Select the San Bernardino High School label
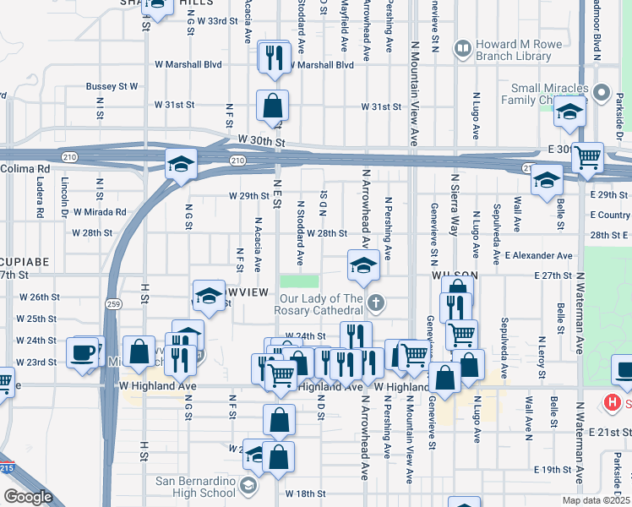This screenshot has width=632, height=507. point(195,488)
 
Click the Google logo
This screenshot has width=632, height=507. point(28,497)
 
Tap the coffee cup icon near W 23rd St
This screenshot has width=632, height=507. point(84,352)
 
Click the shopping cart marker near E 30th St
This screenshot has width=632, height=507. point(588,156)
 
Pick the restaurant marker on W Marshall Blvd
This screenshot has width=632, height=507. point(273,57)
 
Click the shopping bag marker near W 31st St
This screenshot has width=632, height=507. point(272,106)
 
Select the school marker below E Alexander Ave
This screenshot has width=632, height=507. point(363,266)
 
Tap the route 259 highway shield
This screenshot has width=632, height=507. point(113,303)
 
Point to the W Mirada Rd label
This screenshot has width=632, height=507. point(99,212)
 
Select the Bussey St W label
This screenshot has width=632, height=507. point(112,86)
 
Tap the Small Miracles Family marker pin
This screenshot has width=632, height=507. point(602,91)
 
